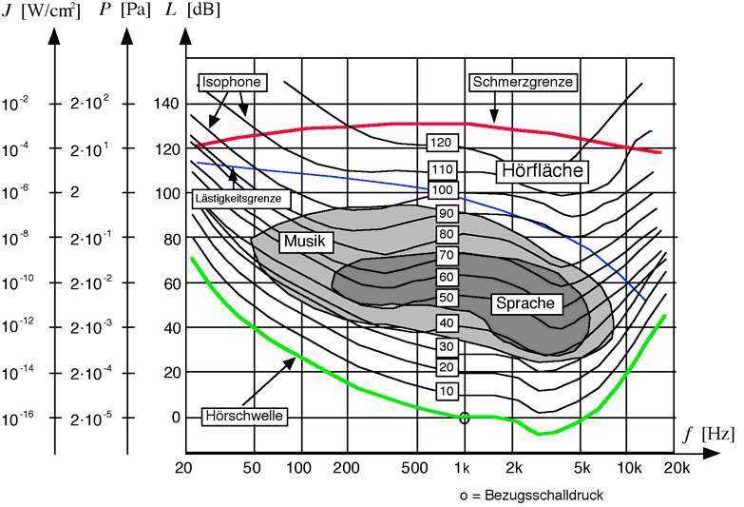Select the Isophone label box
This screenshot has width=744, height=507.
(231, 82)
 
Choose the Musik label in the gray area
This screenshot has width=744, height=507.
(305, 243)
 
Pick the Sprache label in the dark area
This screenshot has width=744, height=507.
(528, 303)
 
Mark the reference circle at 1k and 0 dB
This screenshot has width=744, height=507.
(464, 417)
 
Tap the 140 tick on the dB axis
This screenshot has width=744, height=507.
(167, 103)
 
